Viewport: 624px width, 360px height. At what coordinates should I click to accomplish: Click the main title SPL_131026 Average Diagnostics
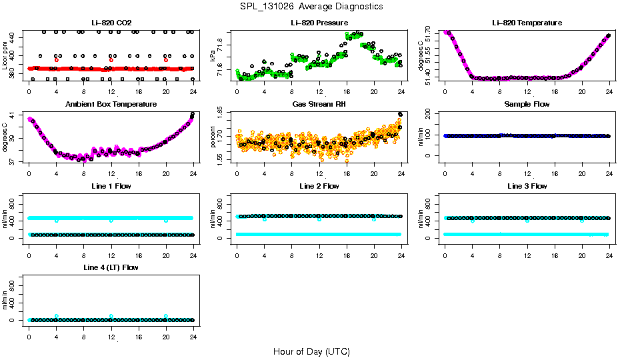point(312,6)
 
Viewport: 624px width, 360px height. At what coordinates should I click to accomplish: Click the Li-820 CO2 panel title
point(111,23)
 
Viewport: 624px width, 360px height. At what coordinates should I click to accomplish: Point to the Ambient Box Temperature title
point(111,105)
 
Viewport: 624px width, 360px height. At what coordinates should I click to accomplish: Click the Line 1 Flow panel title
point(111,186)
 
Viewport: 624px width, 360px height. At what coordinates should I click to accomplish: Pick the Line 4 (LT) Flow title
point(111,267)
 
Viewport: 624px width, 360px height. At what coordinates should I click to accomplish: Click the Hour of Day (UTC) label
point(311,351)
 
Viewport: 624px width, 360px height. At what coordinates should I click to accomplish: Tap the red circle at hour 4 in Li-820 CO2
point(57,60)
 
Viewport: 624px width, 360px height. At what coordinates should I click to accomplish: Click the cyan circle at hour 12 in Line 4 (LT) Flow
point(111,316)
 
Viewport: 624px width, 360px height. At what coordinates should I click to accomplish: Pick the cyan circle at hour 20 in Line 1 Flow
point(166,220)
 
